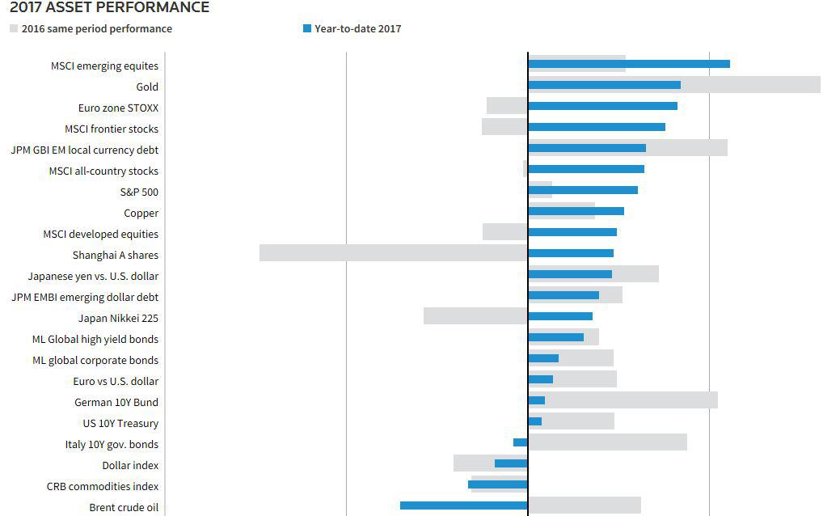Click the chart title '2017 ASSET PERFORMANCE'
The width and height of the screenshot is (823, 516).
(x=109, y=8)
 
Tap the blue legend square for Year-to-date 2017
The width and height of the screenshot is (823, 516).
(x=307, y=29)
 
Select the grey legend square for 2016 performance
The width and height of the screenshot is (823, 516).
(x=14, y=29)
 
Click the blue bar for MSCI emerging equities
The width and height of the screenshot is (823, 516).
(x=628, y=64)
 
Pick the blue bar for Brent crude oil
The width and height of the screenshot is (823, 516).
(x=463, y=505)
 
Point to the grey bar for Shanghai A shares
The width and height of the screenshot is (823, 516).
(x=393, y=253)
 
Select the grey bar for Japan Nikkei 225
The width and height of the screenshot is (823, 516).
(x=475, y=316)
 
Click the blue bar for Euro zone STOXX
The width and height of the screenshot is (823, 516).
(x=602, y=106)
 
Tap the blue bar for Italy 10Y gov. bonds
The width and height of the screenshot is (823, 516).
(x=520, y=442)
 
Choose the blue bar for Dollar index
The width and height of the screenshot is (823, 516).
(x=511, y=463)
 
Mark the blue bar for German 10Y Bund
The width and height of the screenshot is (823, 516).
(x=536, y=400)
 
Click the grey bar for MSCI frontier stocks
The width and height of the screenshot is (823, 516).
(x=504, y=127)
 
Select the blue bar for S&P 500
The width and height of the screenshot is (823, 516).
(x=582, y=190)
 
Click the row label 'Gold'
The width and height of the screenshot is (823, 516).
(x=147, y=87)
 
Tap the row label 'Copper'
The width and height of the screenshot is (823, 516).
(x=141, y=214)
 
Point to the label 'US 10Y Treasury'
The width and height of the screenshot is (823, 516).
(x=120, y=424)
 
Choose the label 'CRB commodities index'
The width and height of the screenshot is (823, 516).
(x=103, y=487)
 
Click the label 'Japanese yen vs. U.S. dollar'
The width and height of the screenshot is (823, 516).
(x=93, y=277)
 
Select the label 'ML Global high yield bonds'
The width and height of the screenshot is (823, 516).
(x=95, y=340)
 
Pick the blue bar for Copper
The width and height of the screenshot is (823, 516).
(x=576, y=211)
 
